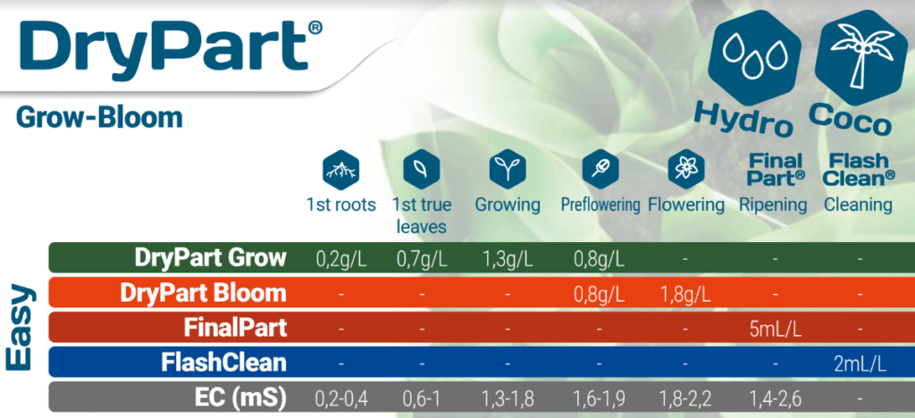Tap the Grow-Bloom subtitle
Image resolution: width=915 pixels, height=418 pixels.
99,118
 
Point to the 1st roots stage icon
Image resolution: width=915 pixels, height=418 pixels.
341,171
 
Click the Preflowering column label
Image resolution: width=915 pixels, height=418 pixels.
601,205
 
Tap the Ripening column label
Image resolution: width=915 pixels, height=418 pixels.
773,205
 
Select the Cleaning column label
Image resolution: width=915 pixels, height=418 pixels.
858,205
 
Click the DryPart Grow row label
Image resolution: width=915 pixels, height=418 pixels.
211,257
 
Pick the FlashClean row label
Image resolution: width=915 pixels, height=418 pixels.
224,363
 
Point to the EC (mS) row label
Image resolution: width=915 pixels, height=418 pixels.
240,398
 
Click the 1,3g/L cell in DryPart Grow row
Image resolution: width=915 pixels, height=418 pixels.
508,259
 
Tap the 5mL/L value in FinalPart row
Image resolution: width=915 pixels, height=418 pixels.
775,330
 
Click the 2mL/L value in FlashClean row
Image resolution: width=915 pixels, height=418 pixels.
860,364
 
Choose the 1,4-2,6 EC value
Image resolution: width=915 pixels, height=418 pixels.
775,399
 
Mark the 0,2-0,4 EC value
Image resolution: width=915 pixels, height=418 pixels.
341,399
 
